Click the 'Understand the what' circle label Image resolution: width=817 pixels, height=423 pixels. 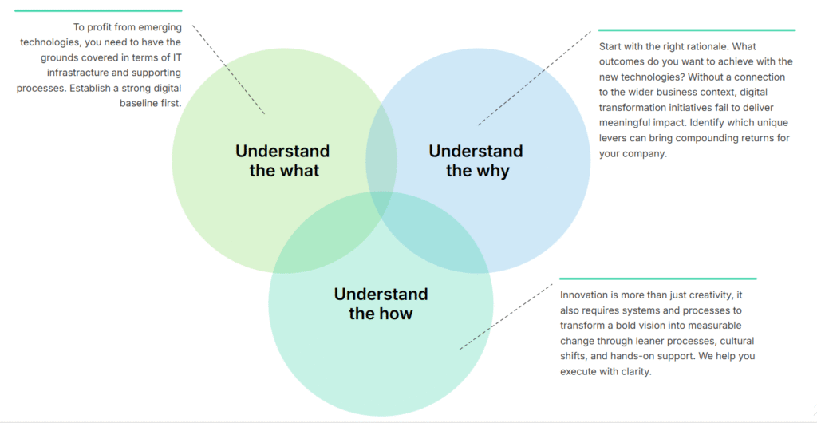[282, 160]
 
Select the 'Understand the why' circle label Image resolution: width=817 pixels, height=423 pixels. [476, 160]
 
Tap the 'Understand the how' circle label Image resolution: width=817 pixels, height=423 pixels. [381, 303]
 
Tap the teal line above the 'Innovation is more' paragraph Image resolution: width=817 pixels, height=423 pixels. [657, 279]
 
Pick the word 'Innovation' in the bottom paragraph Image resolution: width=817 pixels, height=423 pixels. [584, 295]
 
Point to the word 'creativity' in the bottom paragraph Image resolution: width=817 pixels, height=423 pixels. [705, 295]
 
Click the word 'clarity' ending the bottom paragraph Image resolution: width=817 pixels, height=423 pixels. [635, 371]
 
